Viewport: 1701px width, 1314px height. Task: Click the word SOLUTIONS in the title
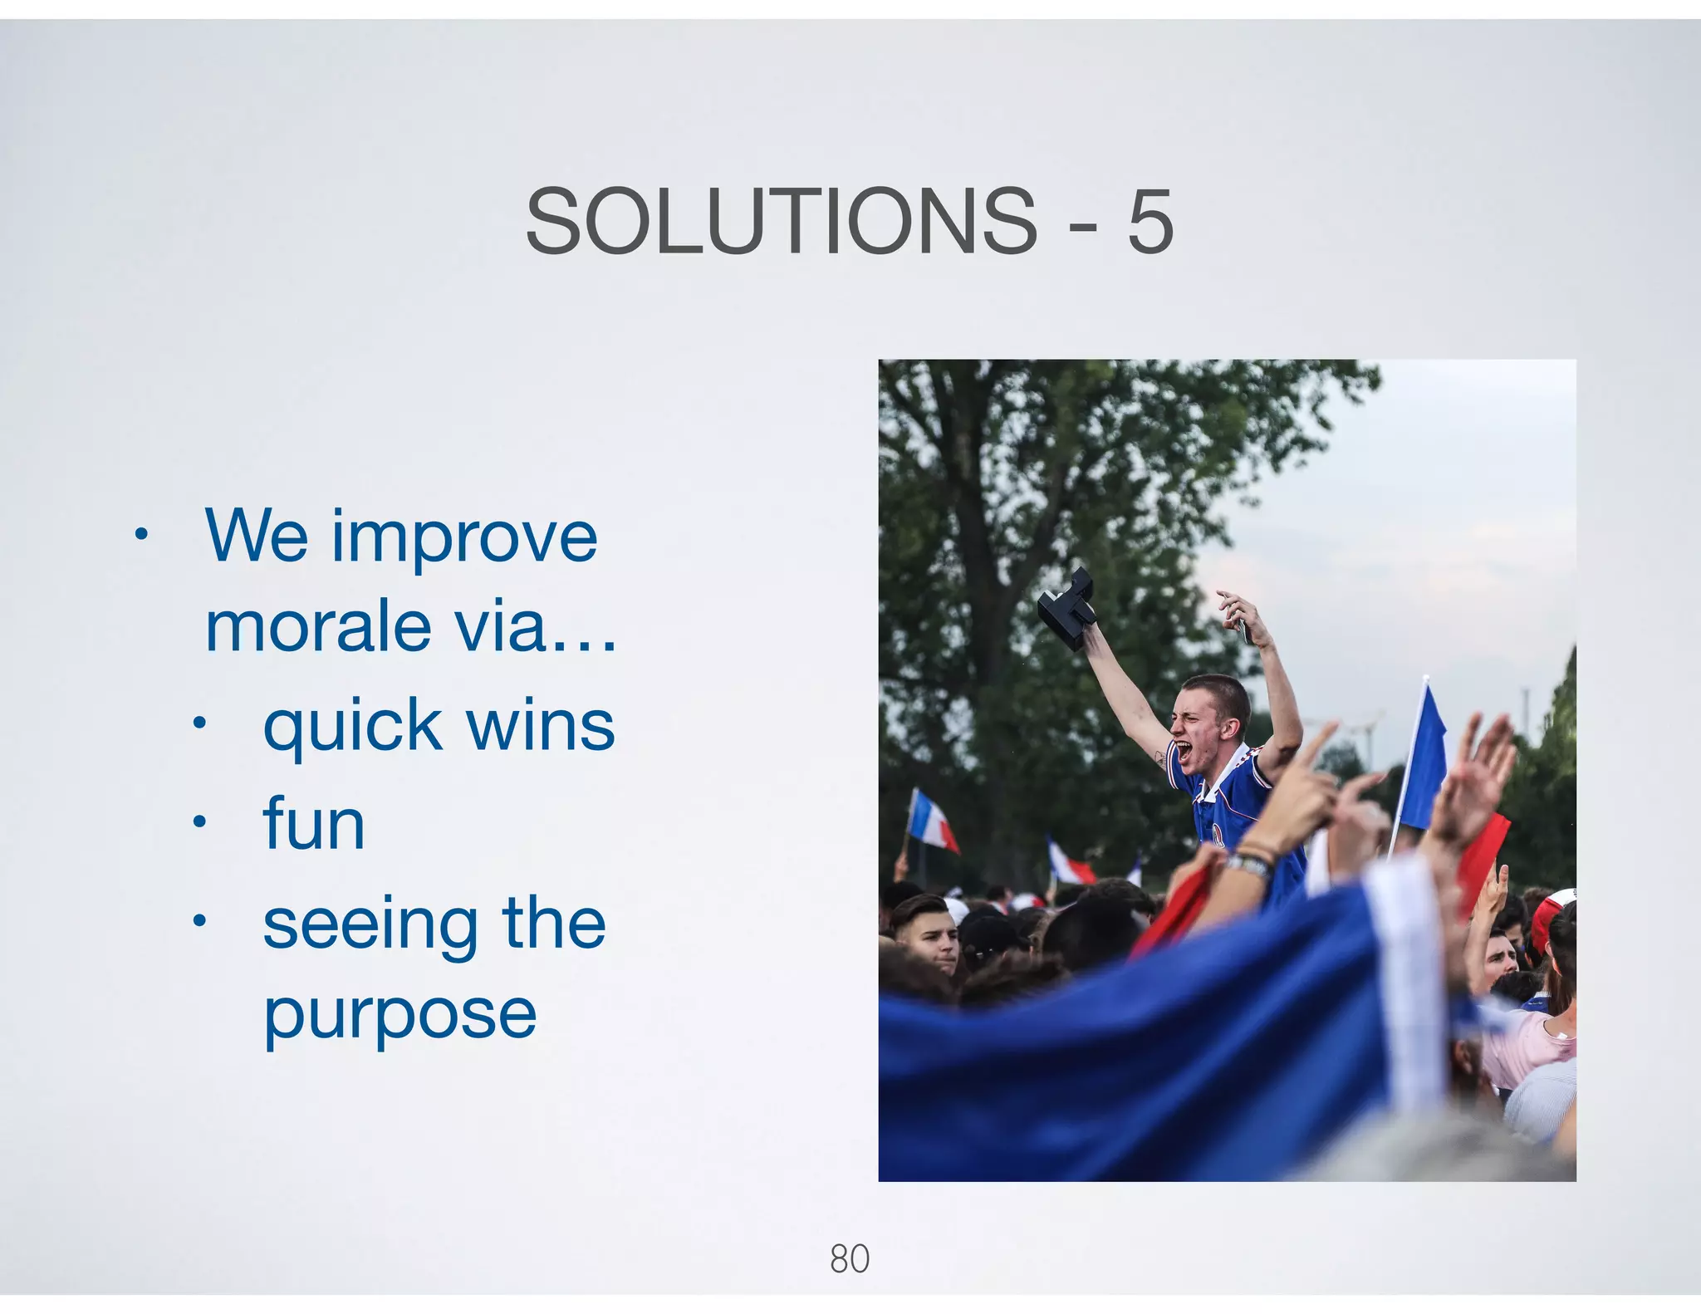[781, 222]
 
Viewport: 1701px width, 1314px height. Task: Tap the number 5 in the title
[1150, 222]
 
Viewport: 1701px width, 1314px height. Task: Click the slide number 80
[849, 1258]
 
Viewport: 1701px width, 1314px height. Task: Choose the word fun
[314, 825]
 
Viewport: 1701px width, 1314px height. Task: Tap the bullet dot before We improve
[141, 534]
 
